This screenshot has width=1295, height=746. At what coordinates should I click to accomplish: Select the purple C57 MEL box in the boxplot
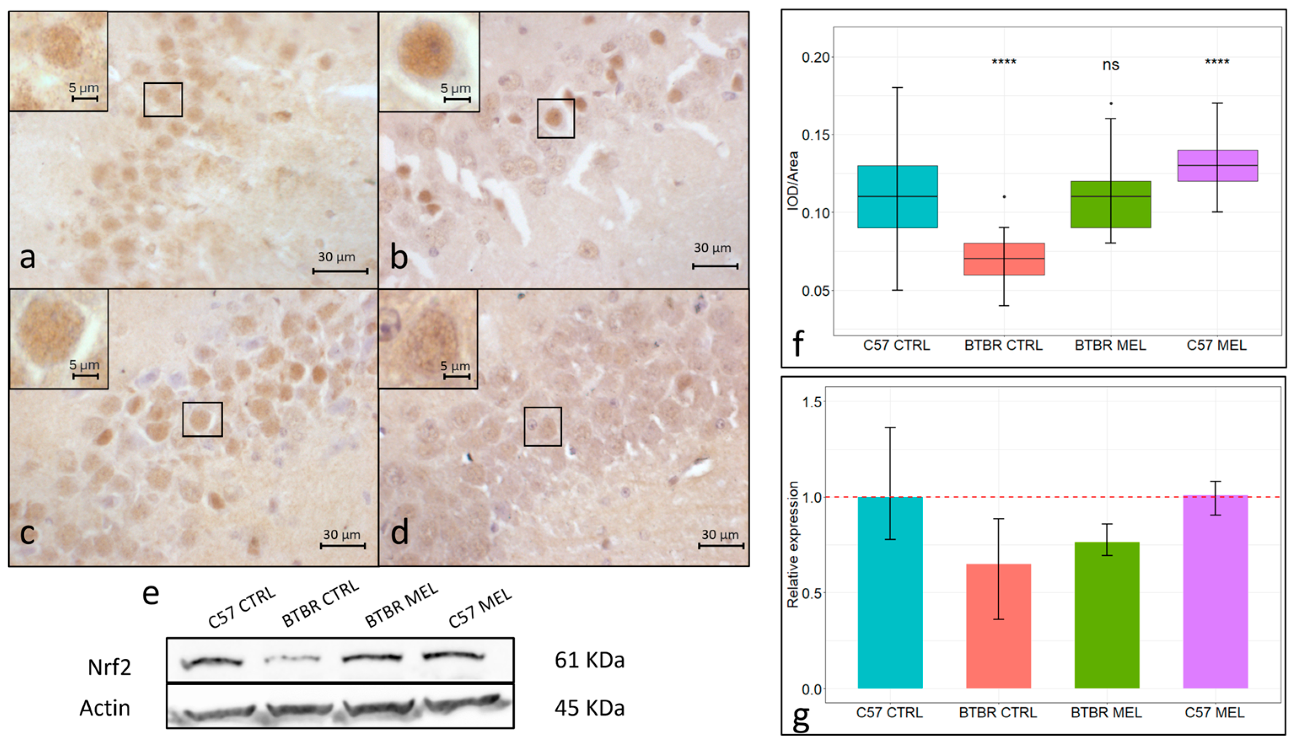click(1217, 165)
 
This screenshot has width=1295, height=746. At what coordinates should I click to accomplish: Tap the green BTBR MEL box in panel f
click(1110, 205)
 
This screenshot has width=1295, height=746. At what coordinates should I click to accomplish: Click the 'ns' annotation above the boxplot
click(1111, 65)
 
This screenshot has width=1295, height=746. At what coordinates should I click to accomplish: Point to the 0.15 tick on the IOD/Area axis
click(815, 135)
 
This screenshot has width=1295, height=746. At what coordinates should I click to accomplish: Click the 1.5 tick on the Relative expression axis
click(811, 402)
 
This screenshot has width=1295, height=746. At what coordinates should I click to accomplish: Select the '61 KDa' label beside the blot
click(589, 660)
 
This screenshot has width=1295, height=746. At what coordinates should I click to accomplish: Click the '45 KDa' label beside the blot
click(589, 708)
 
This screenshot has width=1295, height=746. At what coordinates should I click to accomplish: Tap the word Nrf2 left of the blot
click(109, 667)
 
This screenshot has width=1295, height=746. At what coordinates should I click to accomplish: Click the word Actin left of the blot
click(105, 708)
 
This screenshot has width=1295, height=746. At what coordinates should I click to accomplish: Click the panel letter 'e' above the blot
click(150, 594)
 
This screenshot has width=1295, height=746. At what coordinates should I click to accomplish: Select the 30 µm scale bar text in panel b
click(712, 248)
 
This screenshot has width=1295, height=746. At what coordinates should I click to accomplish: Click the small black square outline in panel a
click(163, 100)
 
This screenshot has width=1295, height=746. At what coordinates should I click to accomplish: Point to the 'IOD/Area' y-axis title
click(793, 180)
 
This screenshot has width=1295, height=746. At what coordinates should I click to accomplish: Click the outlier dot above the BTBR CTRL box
click(1004, 197)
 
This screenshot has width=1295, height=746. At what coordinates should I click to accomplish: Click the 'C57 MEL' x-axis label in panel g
click(1214, 713)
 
